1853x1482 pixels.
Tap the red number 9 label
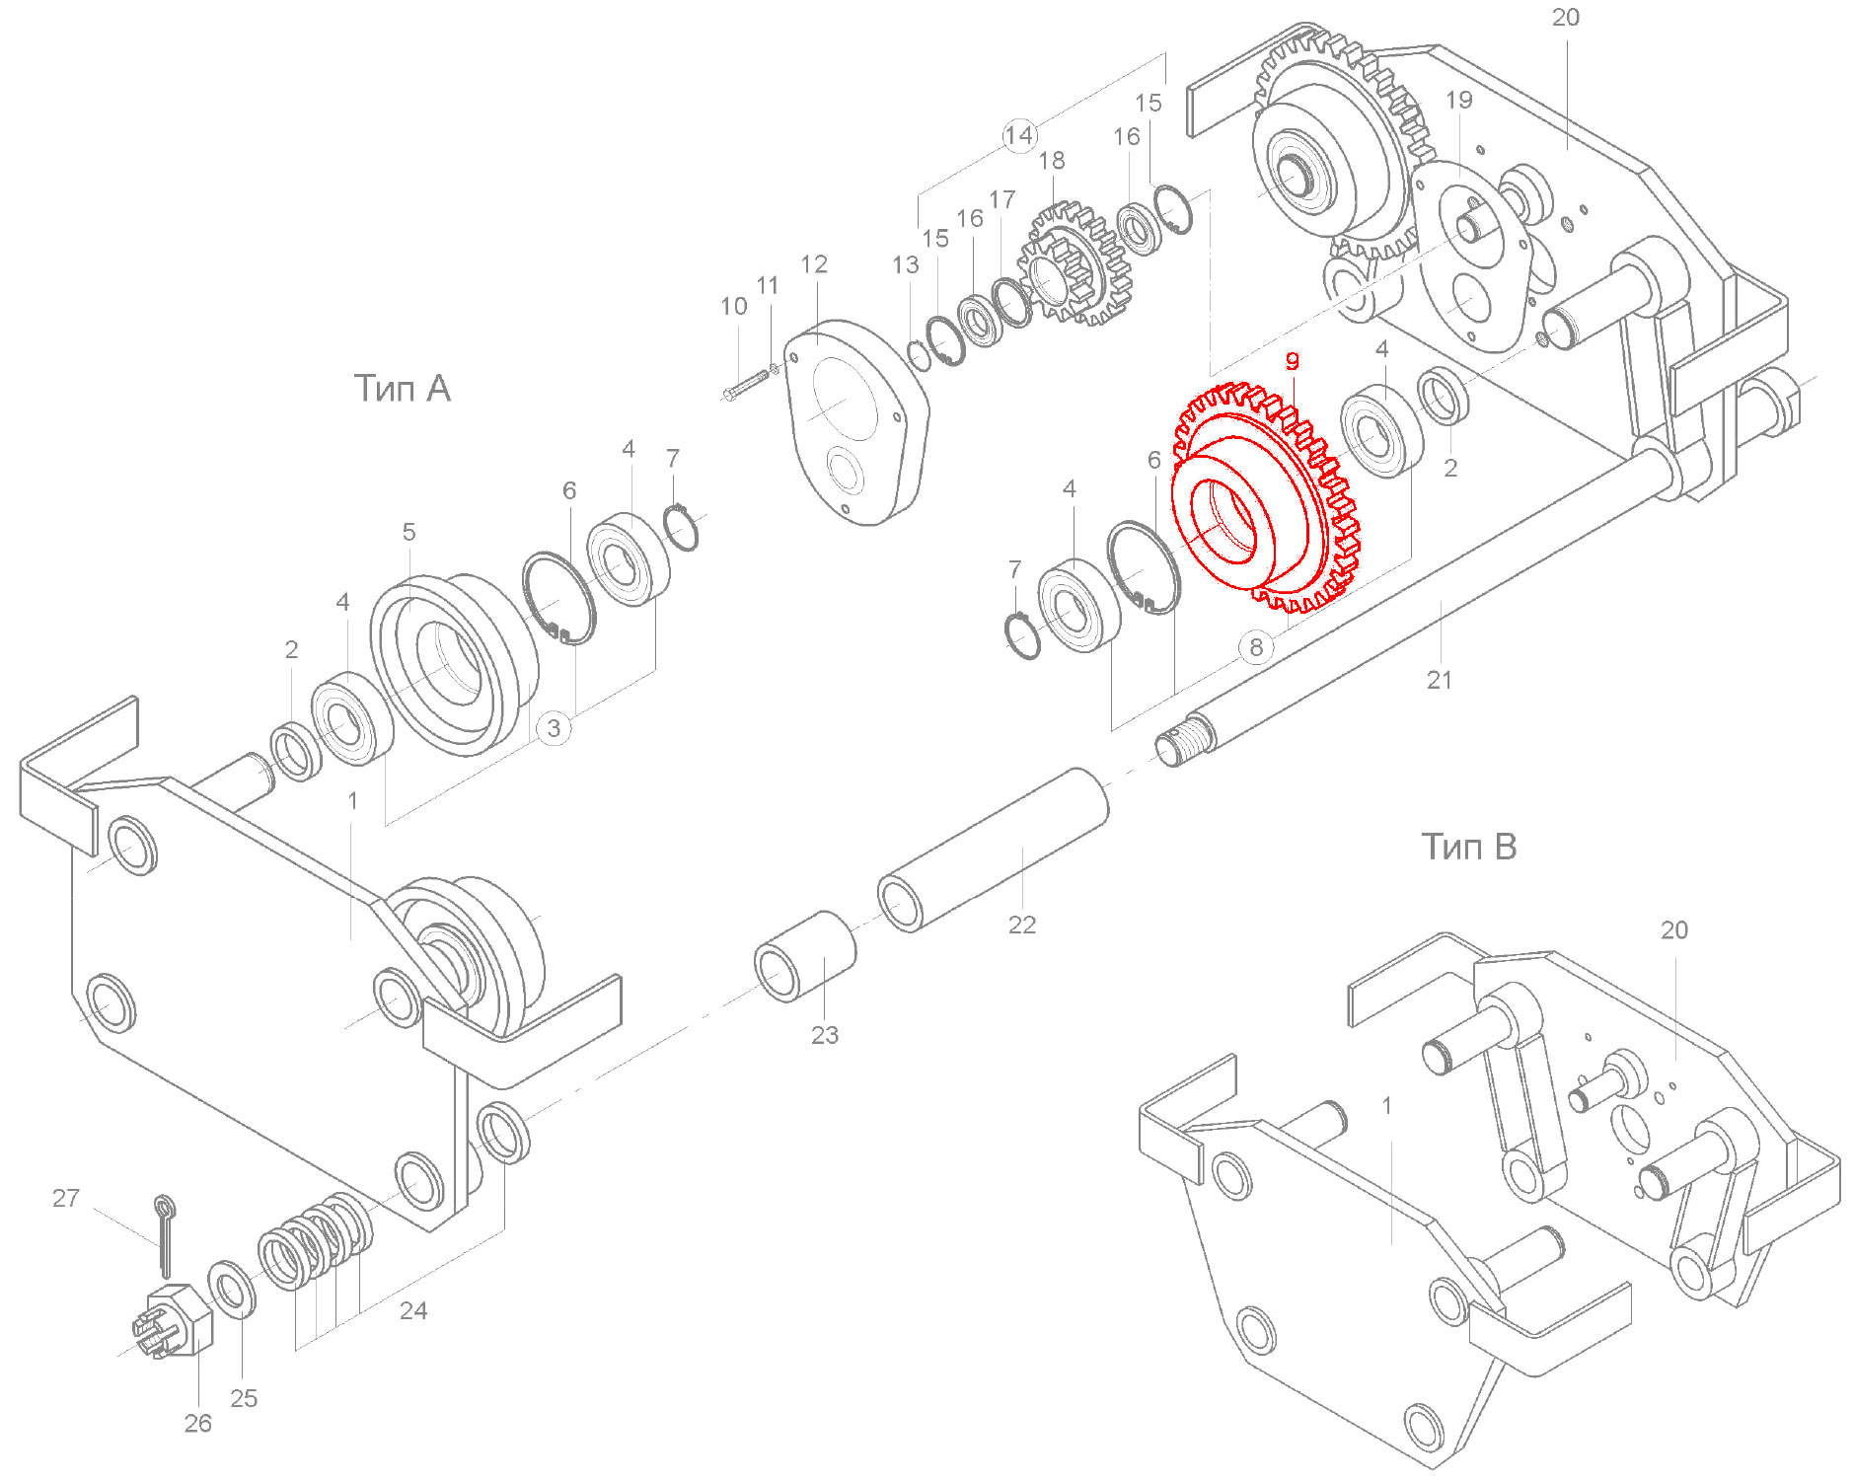pyautogui.click(x=1292, y=361)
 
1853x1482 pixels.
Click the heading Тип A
pyautogui.click(x=402, y=389)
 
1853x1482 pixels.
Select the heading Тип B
pyautogui.click(x=1468, y=847)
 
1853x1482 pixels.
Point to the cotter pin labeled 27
pyautogui.click(x=164, y=1233)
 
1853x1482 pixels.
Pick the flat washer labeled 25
pyautogui.click(x=232, y=1289)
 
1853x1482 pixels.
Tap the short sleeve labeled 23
pyautogui.click(x=804, y=956)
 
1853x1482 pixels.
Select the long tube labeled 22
pyautogui.click(x=992, y=850)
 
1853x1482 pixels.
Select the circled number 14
pyautogui.click(x=1019, y=135)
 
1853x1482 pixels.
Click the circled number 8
pyautogui.click(x=1255, y=647)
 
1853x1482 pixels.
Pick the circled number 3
pyautogui.click(x=554, y=728)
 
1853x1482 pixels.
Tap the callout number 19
pyautogui.click(x=1458, y=100)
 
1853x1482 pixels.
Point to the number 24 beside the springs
pyautogui.click(x=413, y=1310)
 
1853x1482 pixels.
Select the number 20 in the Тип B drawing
pyautogui.click(x=1673, y=930)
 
